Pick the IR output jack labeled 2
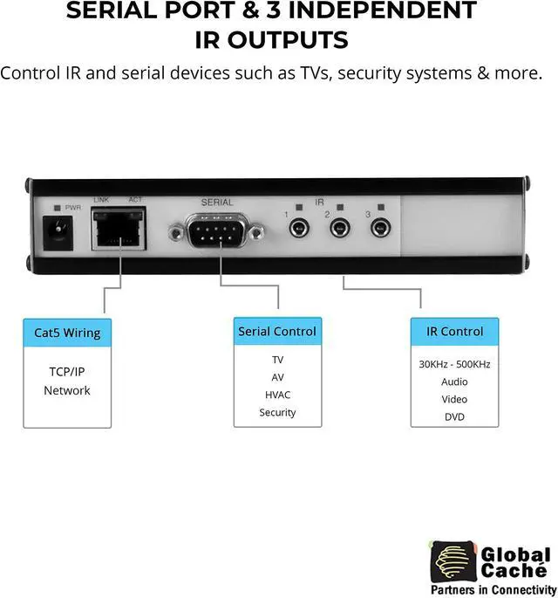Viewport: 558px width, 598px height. coord(338,230)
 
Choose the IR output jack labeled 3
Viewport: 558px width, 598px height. coord(379,230)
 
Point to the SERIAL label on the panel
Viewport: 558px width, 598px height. coord(216,203)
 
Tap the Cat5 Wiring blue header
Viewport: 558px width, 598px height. coord(67,333)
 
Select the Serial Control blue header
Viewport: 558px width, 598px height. coord(277,332)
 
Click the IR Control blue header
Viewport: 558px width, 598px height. coord(454,332)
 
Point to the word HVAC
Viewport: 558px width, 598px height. coord(277,395)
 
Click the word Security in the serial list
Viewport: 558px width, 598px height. coord(277,412)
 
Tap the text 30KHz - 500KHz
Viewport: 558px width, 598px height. coord(454,364)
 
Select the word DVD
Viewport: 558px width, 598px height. coord(454,416)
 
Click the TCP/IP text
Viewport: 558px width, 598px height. coord(67,371)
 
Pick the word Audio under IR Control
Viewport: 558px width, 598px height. coord(454,381)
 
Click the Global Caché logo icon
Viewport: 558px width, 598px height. coord(453,560)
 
